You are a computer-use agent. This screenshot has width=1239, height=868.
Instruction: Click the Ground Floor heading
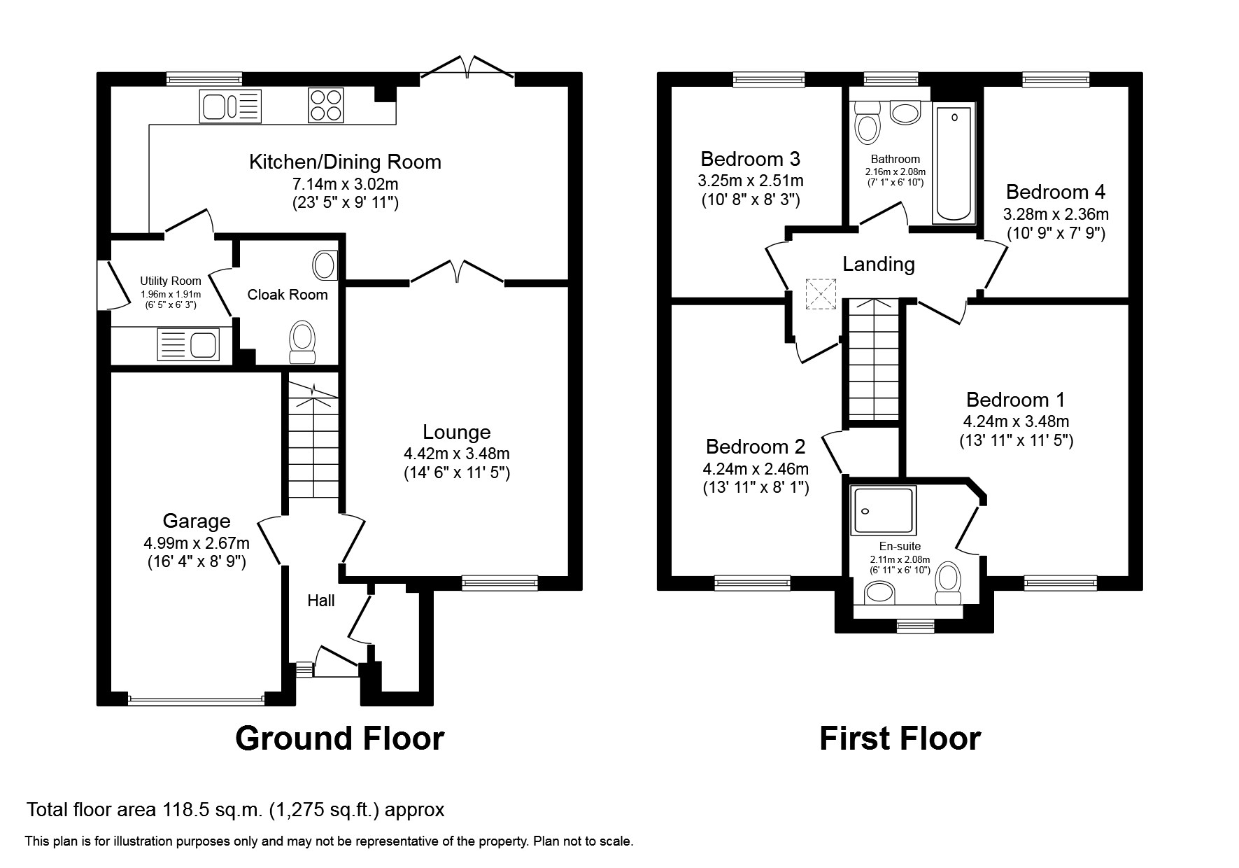pos(339,738)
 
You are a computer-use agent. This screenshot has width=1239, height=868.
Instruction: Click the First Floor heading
pos(900,738)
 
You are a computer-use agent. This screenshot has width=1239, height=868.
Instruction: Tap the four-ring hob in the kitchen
pos(325,106)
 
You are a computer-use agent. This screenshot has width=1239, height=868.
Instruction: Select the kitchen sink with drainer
pos(230,106)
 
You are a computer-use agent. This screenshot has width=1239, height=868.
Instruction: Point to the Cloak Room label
pos(288,295)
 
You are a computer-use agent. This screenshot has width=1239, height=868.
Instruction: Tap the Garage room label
pos(197,521)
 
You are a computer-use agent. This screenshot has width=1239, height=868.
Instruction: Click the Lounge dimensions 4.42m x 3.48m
pos(457,454)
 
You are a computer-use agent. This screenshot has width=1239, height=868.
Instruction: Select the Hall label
pos(321,601)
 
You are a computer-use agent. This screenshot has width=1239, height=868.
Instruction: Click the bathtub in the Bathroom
pos(953,164)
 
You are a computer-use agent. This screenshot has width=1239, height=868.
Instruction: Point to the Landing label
pos(879,265)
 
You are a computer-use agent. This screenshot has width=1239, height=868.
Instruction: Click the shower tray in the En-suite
pos(883,511)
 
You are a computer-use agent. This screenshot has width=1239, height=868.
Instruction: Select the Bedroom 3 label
pos(750,158)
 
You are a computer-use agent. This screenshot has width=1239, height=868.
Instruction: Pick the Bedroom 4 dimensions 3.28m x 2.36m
pos(1056,214)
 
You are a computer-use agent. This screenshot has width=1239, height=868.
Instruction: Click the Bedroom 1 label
pos(1016,400)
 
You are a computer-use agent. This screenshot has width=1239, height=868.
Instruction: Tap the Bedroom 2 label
pos(756,447)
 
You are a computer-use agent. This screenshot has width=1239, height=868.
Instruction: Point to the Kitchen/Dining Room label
pos(346,162)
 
